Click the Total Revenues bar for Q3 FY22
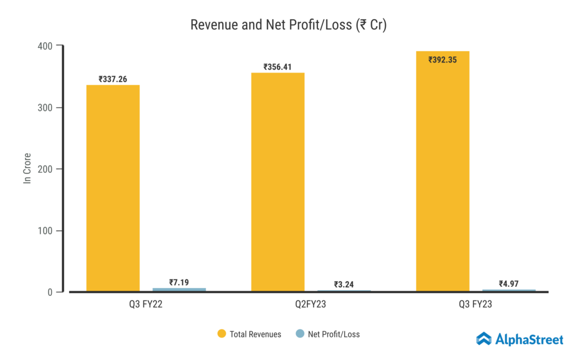[112, 188]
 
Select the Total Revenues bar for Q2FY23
[277, 182]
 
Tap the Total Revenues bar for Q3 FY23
[443, 172]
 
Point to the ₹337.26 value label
[112, 79]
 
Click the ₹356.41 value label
[278, 67]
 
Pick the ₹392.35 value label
[443, 59]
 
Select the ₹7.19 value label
[179, 282]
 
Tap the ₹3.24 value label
[344, 284]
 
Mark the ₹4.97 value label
[509, 283]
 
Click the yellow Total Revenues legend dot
[222, 334]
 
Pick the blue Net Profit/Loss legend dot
[300, 334]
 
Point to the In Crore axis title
[27, 168]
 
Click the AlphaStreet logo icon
[484, 338]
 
